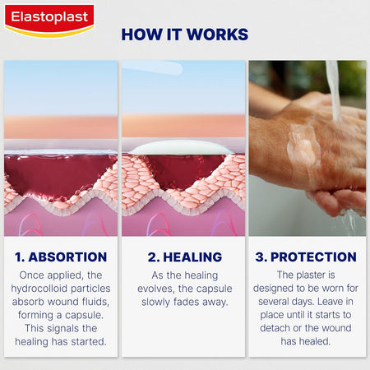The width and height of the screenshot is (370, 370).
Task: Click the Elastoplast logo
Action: point(49,19)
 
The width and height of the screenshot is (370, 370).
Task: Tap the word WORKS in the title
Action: point(219,35)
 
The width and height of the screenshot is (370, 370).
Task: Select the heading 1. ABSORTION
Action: point(61,257)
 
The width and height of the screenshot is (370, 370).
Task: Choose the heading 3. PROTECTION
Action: point(307,257)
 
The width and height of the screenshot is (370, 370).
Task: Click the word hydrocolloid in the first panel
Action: point(42,289)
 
